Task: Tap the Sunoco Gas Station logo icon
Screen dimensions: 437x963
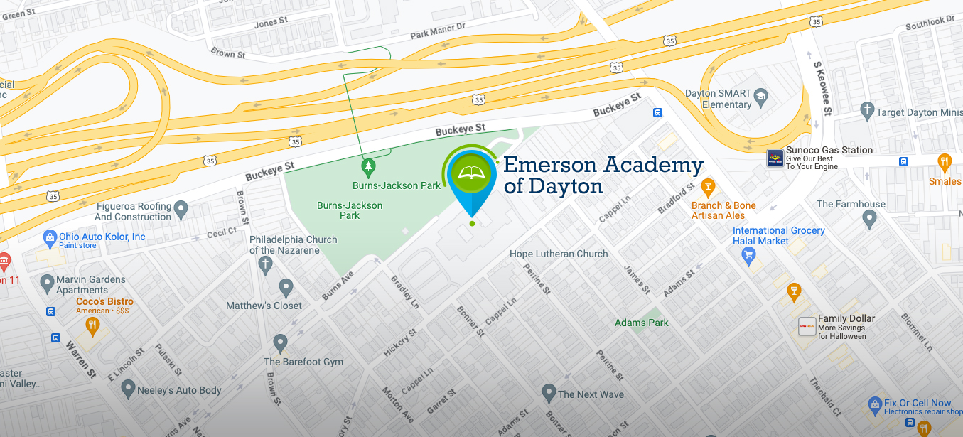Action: [x=775, y=157]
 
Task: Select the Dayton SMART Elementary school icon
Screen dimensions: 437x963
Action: [x=761, y=98]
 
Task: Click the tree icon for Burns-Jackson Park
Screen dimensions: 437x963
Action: [x=367, y=168]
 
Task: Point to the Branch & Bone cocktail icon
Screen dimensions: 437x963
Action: [x=707, y=188]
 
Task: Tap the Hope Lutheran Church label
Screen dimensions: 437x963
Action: [x=559, y=254]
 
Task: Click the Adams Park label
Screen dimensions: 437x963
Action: [x=642, y=323]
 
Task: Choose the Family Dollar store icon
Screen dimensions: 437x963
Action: [x=807, y=326]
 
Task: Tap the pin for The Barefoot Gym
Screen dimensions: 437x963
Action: [x=281, y=343]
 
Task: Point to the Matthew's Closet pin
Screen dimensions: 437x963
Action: [x=286, y=288]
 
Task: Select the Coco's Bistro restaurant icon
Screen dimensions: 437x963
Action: [x=92, y=326]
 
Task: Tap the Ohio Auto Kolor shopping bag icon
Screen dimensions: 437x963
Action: [x=50, y=237]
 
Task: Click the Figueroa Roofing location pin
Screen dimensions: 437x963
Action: [x=181, y=209]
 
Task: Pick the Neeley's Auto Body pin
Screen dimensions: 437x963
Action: [x=128, y=388]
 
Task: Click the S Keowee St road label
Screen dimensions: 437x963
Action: [x=822, y=89]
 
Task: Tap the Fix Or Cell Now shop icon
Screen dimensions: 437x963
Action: [x=875, y=406]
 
